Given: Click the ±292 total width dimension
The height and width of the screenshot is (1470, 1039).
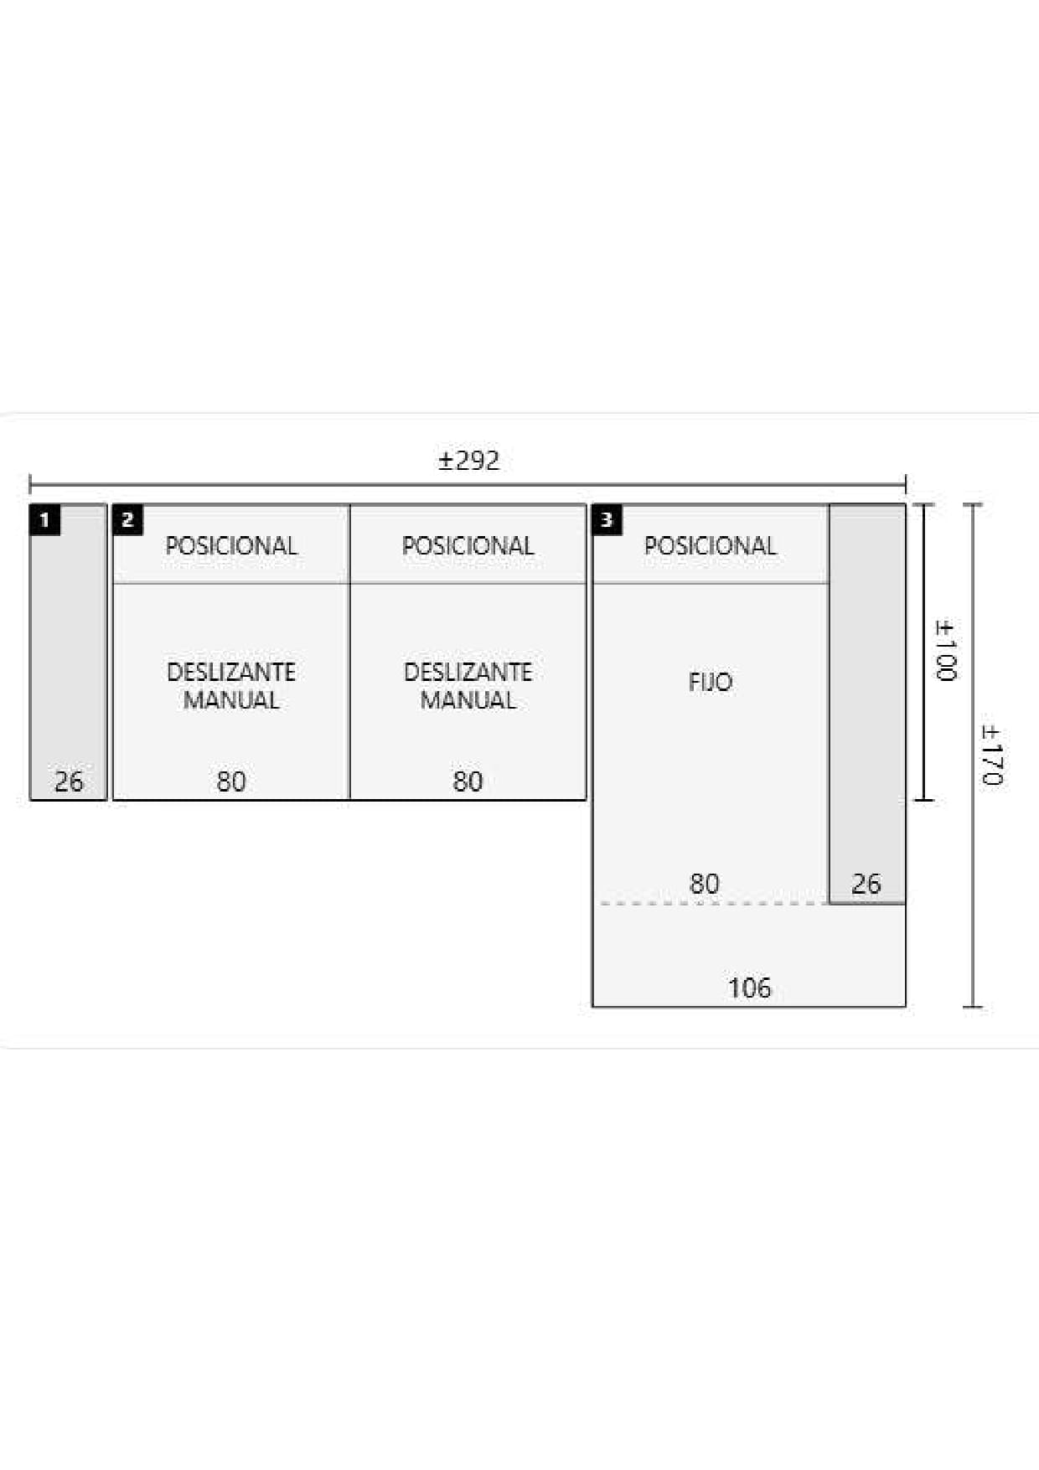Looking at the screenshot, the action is [468, 461].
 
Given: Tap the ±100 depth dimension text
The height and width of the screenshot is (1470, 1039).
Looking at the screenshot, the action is [945, 651].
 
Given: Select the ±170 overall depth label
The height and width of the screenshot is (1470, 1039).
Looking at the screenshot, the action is [991, 755].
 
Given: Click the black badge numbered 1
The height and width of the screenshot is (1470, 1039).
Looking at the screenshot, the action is [44, 519].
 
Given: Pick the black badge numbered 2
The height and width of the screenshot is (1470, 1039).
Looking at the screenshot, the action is [127, 519].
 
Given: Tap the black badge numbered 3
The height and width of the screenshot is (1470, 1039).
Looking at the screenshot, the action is [607, 519].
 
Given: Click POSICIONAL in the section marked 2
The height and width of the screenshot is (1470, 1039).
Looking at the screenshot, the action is [231, 546].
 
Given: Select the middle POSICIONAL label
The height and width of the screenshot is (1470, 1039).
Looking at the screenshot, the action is [468, 546].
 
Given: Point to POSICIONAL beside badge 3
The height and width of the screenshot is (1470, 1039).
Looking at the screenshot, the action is [711, 546].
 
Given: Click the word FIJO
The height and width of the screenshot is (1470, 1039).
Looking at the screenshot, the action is [711, 682].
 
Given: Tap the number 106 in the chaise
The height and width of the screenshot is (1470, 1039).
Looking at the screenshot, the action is [749, 988].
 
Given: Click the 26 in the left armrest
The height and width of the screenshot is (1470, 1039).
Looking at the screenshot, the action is [69, 781].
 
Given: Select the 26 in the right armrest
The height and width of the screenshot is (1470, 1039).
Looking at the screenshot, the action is [866, 884].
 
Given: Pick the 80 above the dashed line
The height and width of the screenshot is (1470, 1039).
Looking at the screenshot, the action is [705, 884].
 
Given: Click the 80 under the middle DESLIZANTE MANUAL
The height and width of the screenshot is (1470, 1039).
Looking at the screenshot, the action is [468, 781].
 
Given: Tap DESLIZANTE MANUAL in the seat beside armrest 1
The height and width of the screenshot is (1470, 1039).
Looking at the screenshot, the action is [231, 686].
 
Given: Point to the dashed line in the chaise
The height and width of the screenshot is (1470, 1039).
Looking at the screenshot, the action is [715, 904].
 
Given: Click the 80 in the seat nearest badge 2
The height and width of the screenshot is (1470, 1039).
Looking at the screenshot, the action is [231, 781].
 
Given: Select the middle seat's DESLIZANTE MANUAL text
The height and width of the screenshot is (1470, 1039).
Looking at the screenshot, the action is [468, 686].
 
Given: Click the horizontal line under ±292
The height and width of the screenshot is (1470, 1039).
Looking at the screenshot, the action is [468, 484].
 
